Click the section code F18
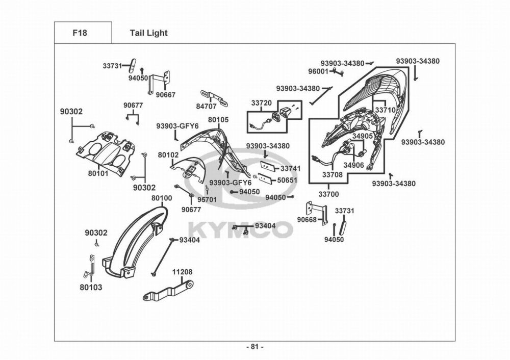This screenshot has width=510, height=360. (x=80, y=33)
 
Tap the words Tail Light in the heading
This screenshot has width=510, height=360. (x=148, y=33)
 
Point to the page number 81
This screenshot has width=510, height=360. (x=254, y=347)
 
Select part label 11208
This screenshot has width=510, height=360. (x=182, y=272)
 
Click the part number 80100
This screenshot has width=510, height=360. (x=162, y=198)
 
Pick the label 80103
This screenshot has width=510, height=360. (x=91, y=287)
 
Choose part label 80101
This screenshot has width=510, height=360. (x=98, y=174)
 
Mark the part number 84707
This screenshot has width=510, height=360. (x=206, y=107)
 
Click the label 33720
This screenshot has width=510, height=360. (x=262, y=103)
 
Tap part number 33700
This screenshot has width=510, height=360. (x=328, y=194)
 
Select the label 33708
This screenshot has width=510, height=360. (x=333, y=174)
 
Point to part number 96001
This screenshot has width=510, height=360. (x=318, y=71)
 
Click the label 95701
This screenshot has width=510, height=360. (x=207, y=200)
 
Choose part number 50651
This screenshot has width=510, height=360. (x=287, y=180)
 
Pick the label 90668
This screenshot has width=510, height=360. (x=307, y=219)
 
